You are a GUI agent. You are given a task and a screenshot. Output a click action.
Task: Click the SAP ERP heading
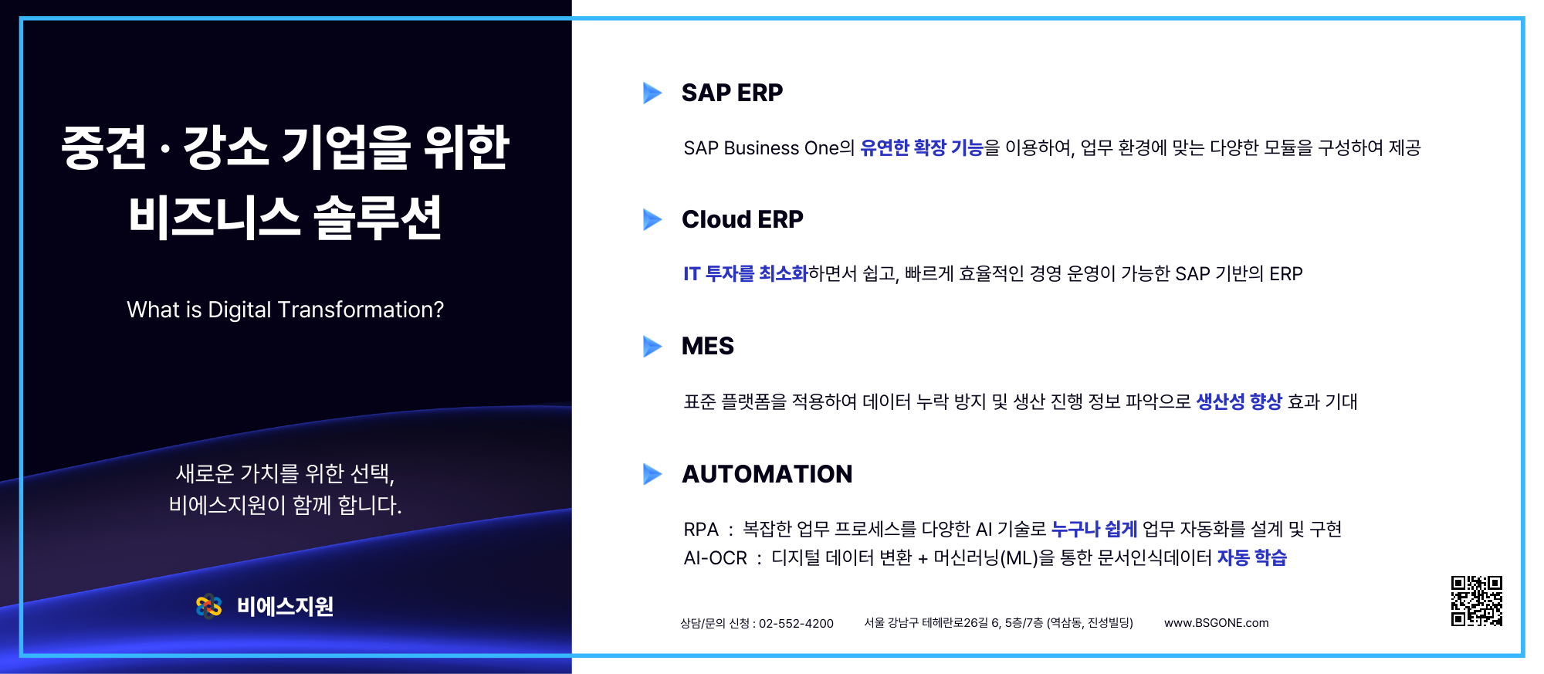(x=732, y=93)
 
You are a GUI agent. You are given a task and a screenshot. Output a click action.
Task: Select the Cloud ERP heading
(x=743, y=219)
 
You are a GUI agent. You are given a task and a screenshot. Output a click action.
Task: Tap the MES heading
(x=708, y=346)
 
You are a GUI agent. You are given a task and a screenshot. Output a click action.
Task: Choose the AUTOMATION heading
(x=767, y=474)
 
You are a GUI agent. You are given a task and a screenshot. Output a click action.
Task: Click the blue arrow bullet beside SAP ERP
(x=652, y=93)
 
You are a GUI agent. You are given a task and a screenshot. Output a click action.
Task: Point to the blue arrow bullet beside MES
(x=652, y=346)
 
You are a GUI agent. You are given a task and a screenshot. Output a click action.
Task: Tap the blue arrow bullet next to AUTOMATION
(x=652, y=473)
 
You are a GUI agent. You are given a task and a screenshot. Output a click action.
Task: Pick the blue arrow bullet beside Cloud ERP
(x=652, y=219)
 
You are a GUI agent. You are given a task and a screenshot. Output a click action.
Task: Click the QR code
(x=1477, y=601)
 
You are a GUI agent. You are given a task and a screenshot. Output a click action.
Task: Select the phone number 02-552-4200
(x=796, y=623)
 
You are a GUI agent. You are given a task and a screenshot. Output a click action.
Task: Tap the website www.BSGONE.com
(x=1217, y=623)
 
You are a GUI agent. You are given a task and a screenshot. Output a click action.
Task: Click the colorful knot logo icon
(x=209, y=607)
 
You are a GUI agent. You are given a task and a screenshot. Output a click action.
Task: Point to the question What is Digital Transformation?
(x=286, y=310)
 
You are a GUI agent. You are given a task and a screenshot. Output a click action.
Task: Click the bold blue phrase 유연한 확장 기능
(x=922, y=147)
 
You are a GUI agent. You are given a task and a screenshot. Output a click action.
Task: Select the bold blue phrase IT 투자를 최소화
(x=745, y=273)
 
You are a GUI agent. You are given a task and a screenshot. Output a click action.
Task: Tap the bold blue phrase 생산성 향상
(x=1239, y=401)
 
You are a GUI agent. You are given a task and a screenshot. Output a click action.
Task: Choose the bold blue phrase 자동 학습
(x=1252, y=557)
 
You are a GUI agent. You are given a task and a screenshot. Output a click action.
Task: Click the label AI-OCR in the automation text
(x=716, y=558)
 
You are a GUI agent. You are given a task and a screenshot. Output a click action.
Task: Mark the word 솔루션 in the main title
(x=378, y=217)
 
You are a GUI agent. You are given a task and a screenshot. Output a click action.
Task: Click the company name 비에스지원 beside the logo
(x=286, y=607)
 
